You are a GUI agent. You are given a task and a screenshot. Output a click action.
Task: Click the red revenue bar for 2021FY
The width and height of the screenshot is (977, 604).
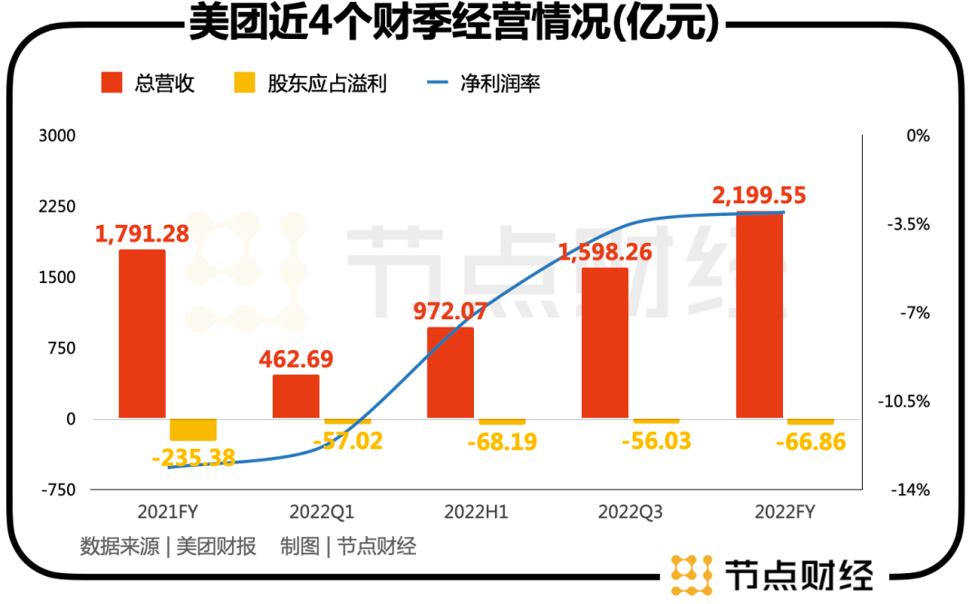(142, 334)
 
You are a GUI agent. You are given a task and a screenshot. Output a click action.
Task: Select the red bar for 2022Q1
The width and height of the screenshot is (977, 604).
(296, 396)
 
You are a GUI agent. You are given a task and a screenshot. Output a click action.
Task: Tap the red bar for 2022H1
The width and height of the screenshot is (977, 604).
(450, 373)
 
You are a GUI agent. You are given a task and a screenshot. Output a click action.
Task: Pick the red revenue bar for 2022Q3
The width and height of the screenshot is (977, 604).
(605, 343)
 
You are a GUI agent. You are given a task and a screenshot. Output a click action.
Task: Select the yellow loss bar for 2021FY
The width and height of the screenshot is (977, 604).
(193, 430)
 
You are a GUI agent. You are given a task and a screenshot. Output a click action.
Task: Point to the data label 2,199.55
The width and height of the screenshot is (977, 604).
(759, 195)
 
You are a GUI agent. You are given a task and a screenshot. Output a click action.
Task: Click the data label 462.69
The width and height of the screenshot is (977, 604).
(296, 358)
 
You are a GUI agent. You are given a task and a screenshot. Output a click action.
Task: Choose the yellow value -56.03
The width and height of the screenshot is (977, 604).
(656, 442)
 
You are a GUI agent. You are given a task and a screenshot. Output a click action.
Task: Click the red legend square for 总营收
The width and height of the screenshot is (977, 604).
(111, 84)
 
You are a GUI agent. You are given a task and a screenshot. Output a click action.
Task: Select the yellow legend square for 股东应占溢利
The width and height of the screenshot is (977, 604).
(245, 84)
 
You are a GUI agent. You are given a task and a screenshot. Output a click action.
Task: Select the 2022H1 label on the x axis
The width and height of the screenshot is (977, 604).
(476, 512)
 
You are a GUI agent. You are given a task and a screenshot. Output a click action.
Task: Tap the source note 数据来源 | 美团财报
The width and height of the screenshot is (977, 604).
(168, 547)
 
